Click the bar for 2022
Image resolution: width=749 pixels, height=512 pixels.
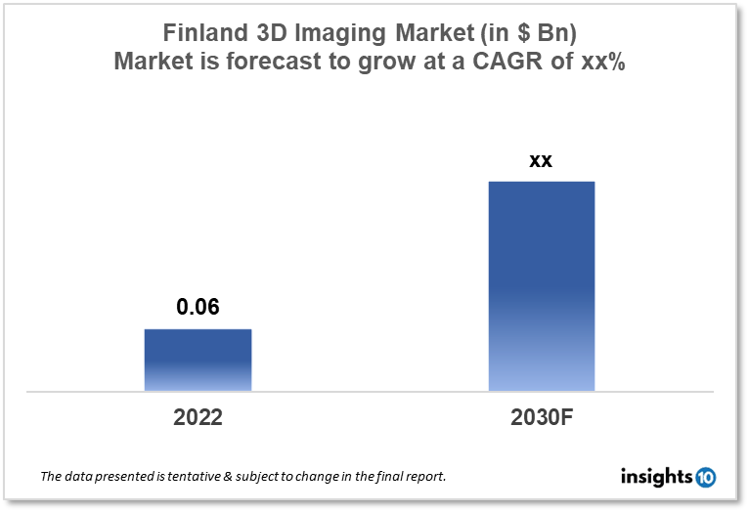point(198,360)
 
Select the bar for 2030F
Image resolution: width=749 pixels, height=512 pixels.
point(541,285)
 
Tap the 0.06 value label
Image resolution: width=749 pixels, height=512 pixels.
point(198,307)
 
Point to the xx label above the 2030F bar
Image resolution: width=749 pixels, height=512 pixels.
point(541,159)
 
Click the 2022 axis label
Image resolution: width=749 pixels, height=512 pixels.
point(198,417)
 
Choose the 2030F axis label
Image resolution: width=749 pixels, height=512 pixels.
point(541,417)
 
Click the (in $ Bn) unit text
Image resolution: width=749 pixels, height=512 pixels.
point(527,33)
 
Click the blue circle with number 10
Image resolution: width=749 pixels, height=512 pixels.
point(705,477)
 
